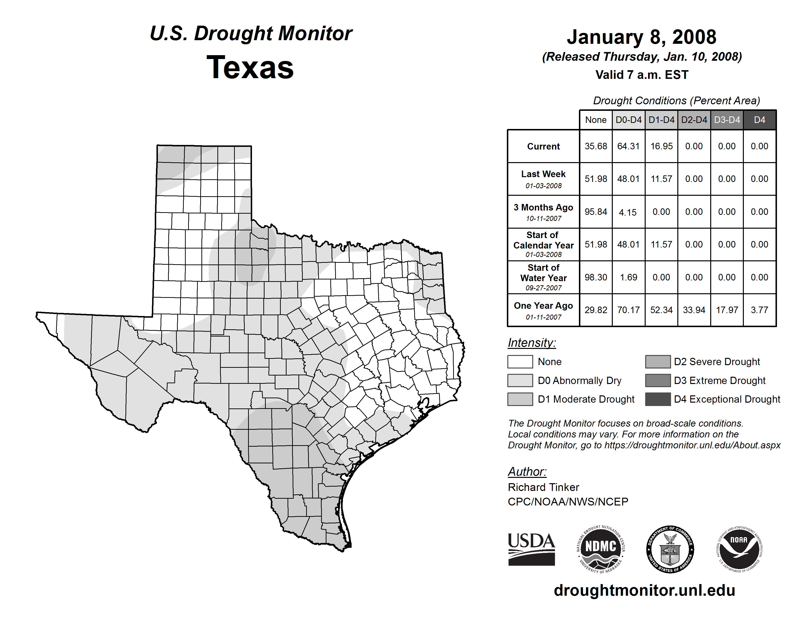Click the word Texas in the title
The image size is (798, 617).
point(250,68)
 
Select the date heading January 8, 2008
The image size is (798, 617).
point(641,37)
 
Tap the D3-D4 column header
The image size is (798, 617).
point(727,120)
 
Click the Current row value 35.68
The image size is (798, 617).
point(596,146)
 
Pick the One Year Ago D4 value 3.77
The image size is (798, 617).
point(759,310)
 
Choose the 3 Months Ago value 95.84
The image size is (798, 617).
point(596,212)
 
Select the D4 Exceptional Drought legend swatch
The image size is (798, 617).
point(658,399)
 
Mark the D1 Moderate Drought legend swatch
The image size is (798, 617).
point(520,399)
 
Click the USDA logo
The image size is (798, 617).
point(531,549)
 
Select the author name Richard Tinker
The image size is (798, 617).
point(543,487)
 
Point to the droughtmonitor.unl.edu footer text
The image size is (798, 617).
point(644,590)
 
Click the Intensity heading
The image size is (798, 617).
point(532,343)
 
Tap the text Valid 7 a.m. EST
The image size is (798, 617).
point(642,75)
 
